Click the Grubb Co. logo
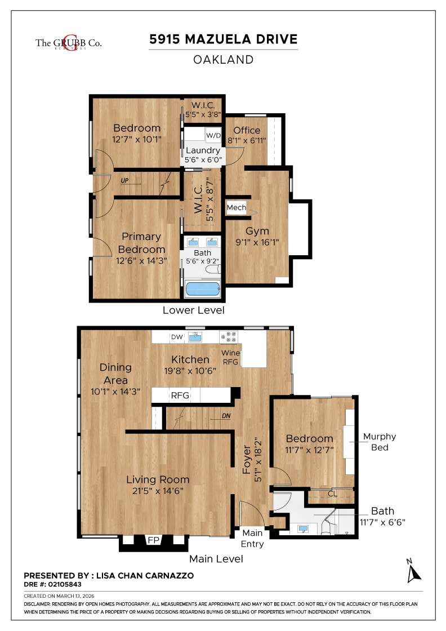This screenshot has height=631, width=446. [68, 42]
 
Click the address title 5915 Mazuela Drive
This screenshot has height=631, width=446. [223, 39]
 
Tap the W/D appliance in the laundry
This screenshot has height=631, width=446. [213, 136]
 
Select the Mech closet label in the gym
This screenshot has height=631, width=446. [236, 208]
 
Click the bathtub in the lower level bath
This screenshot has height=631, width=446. [203, 290]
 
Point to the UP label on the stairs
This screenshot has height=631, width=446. [124, 181]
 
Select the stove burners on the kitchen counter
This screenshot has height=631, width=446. [230, 337]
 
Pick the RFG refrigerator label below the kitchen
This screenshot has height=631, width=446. [180, 396]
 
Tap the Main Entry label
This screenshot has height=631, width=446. [252, 539]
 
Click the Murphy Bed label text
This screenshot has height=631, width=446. [379, 442]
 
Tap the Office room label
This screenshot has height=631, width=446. [247, 131]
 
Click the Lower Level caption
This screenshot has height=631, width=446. [193, 310]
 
